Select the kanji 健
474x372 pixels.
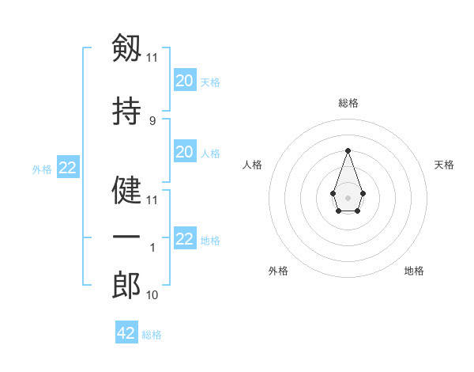tap(126, 191)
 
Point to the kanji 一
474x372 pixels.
tap(126, 237)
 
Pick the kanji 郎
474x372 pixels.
tap(126, 286)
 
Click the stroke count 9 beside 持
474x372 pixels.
tap(152, 120)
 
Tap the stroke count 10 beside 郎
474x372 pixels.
tap(152, 295)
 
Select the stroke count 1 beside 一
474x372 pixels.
tap(152, 248)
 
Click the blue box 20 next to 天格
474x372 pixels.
tap(184, 80)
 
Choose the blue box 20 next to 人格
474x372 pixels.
tap(184, 152)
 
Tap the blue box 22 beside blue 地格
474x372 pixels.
tap(184, 239)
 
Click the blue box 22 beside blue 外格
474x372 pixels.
tap(67, 168)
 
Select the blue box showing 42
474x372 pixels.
tap(126, 333)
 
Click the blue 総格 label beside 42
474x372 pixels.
tap(152, 335)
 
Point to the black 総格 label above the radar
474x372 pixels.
tap(348, 103)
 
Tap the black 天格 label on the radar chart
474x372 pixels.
tap(444, 165)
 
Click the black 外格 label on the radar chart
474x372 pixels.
tap(278, 271)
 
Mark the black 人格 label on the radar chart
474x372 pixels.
tap(252, 165)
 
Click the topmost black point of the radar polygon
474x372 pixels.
tap(348, 150)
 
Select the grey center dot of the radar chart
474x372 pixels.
tap(348, 196)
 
